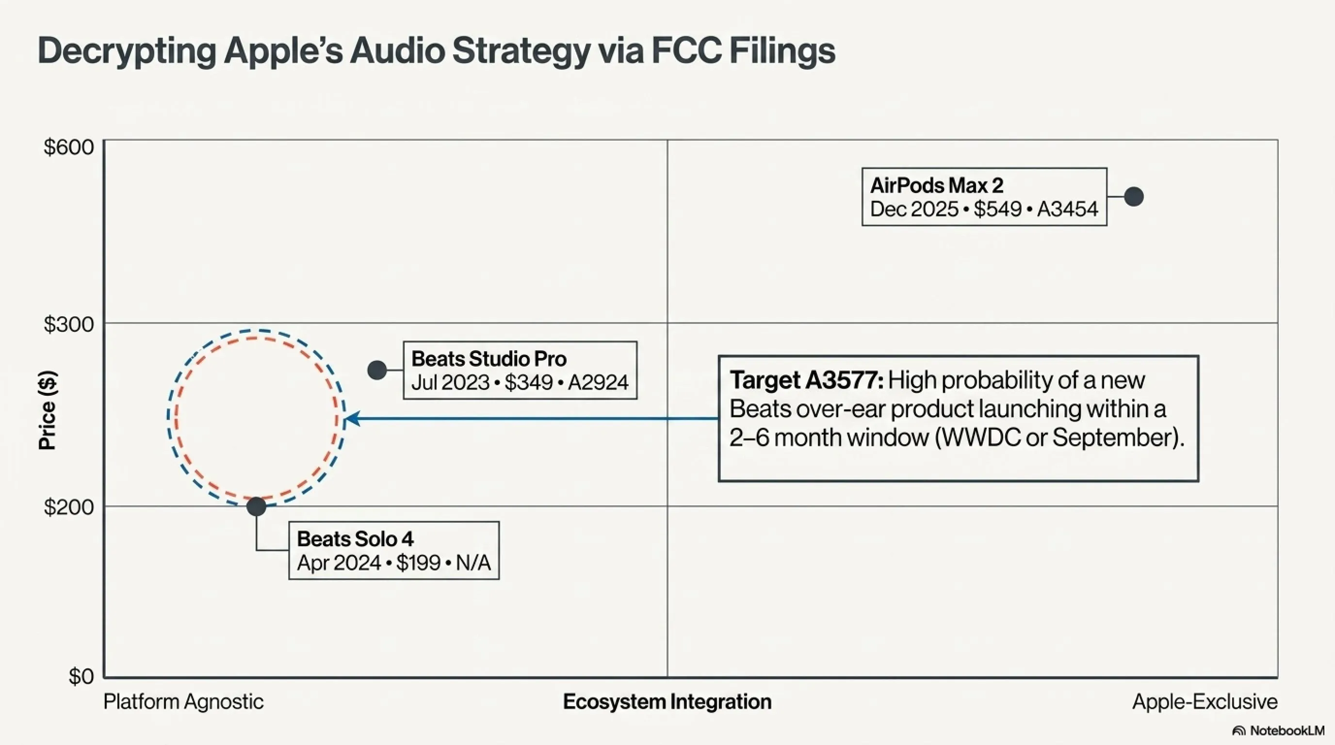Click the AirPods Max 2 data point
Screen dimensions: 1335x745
(1134, 196)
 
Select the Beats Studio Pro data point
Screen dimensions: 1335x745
(377, 370)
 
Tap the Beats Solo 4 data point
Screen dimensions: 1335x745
(256, 506)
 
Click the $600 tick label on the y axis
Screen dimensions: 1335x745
(68, 147)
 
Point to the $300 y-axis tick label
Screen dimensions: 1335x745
(68, 324)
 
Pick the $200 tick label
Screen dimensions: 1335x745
(68, 507)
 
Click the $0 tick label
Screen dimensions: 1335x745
(81, 676)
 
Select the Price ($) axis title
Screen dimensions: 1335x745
(48, 410)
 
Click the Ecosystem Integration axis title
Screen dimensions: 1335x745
(667, 702)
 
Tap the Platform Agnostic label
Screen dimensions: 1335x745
(183, 702)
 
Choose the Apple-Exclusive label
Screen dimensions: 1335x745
(1205, 702)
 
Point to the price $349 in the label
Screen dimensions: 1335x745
(528, 382)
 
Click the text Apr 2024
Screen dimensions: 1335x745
(339, 563)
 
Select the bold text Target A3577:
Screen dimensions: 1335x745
(806, 380)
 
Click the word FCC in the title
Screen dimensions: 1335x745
(687, 51)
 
